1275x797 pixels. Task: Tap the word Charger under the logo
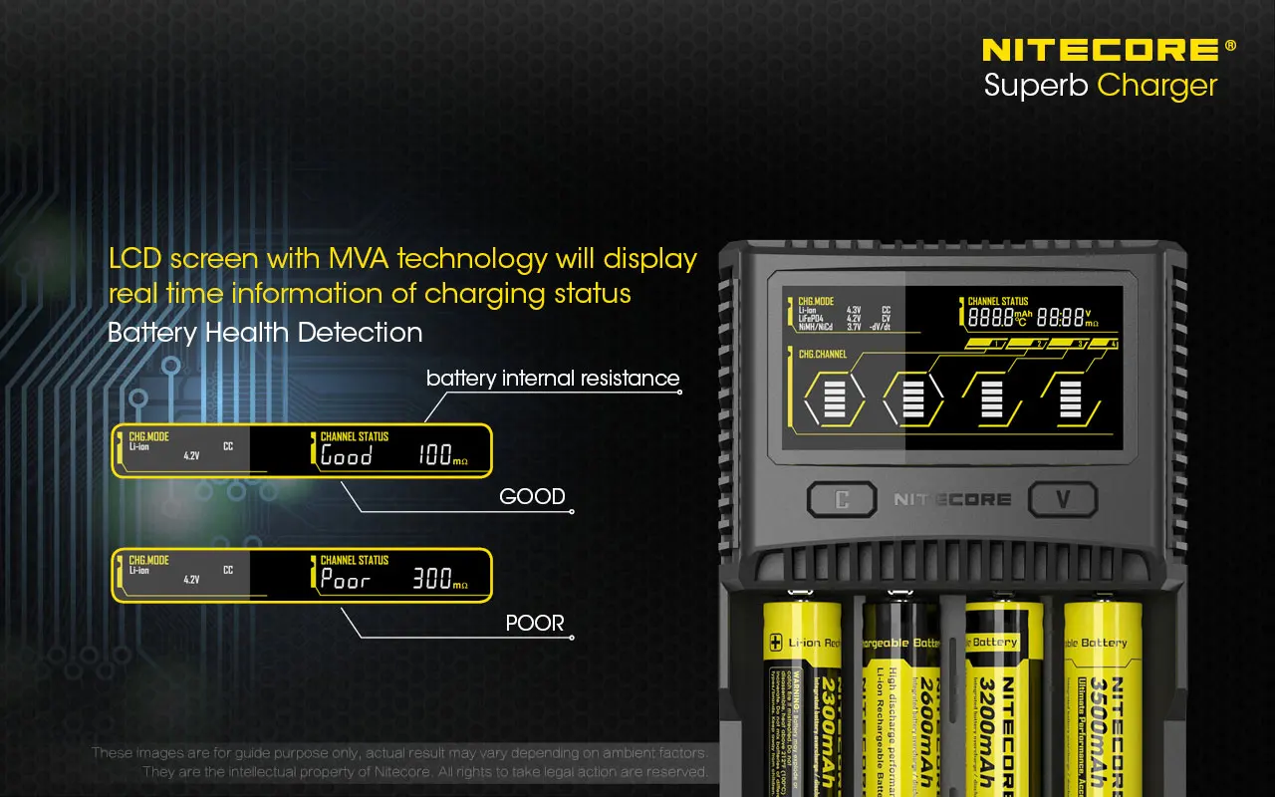(1156, 86)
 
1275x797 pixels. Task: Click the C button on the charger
(841, 499)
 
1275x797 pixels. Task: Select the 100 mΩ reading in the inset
(441, 456)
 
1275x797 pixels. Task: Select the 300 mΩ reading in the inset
(439, 579)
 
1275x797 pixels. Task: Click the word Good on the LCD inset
(346, 456)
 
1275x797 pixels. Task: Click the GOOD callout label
(532, 496)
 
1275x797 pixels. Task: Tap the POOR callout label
(535, 624)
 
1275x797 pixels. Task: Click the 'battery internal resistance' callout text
(553, 379)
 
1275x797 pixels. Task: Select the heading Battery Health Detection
(265, 332)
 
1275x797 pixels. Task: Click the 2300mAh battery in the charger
(803, 697)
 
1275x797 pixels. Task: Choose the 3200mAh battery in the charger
(1003, 697)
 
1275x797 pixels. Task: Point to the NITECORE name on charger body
(951, 499)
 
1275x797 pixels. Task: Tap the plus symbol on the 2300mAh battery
(776, 643)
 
